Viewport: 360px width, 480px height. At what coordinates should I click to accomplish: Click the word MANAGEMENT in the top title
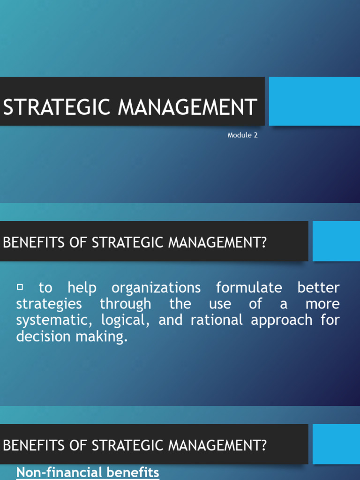[187, 107]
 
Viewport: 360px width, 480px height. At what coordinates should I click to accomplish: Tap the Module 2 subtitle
[242, 135]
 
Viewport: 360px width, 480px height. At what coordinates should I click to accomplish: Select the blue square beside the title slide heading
[314, 101]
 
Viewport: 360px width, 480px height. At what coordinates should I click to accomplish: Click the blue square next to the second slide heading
[336, 241]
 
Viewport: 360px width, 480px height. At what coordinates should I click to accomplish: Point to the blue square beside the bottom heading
[336, 444]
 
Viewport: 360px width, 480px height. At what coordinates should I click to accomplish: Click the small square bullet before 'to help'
[20, 286]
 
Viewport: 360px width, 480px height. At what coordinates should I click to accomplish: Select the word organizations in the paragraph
[156, 287]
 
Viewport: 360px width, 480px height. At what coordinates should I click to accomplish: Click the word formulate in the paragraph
[249, 287]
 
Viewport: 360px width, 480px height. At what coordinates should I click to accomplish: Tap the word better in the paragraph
[318, 287]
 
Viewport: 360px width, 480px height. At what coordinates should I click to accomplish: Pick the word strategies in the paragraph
[49, 304]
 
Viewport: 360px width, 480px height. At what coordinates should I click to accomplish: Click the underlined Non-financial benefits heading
[88, 472]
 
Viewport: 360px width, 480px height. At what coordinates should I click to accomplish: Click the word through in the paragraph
[125, 304]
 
